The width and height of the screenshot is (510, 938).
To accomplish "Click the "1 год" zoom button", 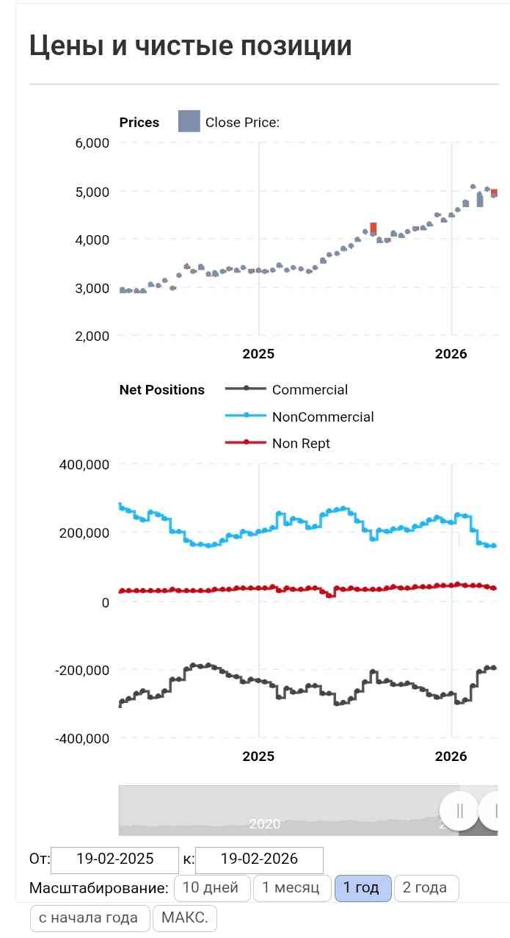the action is click(x=363, y=887).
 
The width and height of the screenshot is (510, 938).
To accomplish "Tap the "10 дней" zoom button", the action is click(x=211, y=887).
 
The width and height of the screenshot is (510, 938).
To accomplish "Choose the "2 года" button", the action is click(x=426, y=887).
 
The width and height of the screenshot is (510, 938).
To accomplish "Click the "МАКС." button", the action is click(x=185, y=918).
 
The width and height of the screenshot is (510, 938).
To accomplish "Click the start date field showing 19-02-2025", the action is click(x=114, y=859).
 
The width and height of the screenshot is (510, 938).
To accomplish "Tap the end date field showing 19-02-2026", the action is click(x=259, y=859).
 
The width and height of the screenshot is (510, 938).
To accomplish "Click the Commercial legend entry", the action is click(x=287, y=389).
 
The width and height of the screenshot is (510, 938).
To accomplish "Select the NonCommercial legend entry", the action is click(x=299, y=416).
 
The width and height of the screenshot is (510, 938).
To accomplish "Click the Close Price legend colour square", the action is click(x=189, y=121).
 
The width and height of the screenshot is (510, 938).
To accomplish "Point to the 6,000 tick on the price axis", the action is click(x=92, y=142).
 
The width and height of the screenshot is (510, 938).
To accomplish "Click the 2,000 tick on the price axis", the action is click(x=92, y=336).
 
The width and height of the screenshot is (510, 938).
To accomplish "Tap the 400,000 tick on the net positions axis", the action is click(x=84, y=464).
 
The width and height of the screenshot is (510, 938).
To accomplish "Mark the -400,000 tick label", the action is click(x=82, y=737).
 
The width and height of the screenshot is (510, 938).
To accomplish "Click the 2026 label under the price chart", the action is click(x=451, y=354).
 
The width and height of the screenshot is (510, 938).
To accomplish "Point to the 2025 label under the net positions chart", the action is click(x=258, y=756).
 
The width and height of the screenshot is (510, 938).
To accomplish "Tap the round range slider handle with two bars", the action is click(x=459, y=811).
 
